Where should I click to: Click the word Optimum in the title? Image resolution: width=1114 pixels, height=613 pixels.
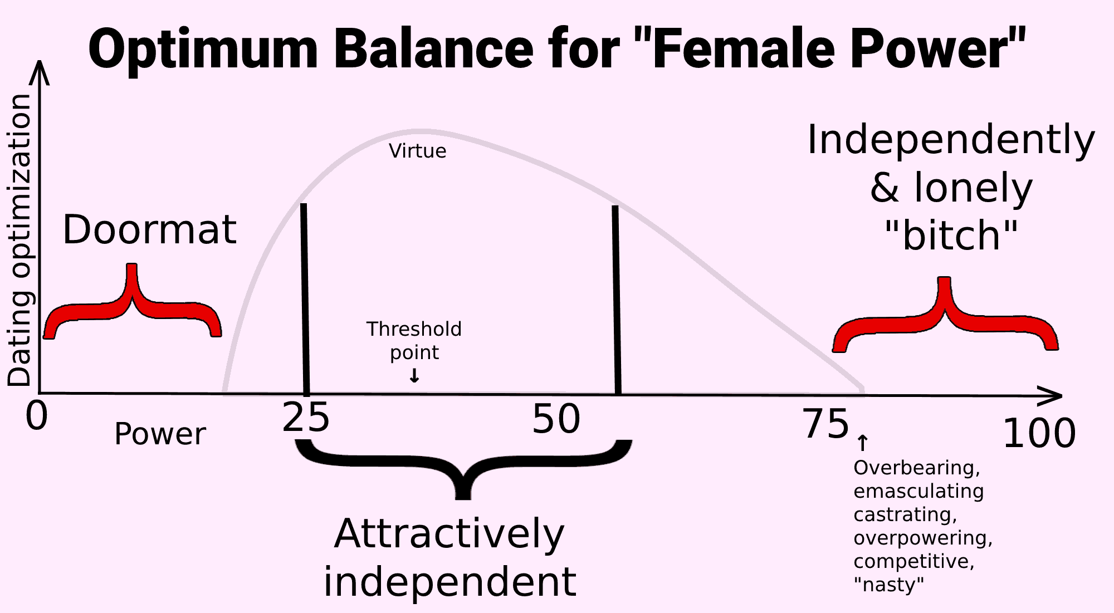click(x=203, y=50)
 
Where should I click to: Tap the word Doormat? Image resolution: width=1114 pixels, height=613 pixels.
click(x=149, y=229)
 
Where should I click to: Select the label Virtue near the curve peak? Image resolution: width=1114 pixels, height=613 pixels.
click(x=417, y=151)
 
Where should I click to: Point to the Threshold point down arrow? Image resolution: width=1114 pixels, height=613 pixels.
click(x=414, y=376)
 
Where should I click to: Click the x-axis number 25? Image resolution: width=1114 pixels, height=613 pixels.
click(x=306, y=419)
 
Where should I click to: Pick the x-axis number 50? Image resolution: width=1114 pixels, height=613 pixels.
click(x=556, y=419)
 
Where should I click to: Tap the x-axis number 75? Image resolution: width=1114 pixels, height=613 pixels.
click(x=826, y=424)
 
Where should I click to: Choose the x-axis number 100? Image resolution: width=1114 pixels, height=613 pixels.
click(x=1039, y=433)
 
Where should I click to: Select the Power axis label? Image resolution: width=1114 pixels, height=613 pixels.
click(x=160, y=434)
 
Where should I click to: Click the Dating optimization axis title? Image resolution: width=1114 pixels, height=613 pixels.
click(x=19, y=240)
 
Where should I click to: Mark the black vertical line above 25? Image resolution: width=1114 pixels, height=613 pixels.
click(x=305, y=300)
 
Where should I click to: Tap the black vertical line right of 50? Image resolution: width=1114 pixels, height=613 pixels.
click(x=617, y=301)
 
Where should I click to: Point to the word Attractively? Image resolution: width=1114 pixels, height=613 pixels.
click(x=449, y=534)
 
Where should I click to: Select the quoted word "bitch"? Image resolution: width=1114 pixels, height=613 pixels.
click(x=951, y=236)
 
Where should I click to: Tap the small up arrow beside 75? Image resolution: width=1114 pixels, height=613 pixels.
click(x=862, y=443)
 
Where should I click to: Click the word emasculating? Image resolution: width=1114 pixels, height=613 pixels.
click(x=918, y=491)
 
